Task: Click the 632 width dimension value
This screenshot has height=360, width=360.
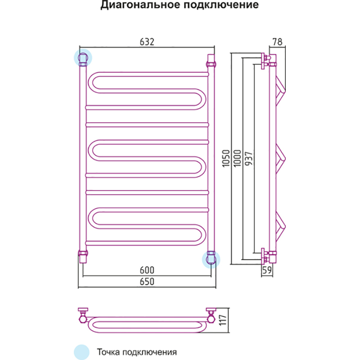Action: coord(147,42)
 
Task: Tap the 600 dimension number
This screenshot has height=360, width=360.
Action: coord(147,270)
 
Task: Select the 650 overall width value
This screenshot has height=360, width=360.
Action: coord(147,282)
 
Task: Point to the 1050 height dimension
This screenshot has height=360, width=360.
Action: coord(226,158)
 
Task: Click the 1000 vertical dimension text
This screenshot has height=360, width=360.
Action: coord(238,158)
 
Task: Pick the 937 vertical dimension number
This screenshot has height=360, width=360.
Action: coord(249,158)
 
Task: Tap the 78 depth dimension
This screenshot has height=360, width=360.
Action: coord(277,42)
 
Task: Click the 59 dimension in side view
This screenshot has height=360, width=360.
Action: coord(267,270)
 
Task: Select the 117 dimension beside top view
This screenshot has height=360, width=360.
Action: coord(223,320)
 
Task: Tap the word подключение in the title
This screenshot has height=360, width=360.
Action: coord(221,5)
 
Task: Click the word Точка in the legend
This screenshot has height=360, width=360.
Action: coord(108,352)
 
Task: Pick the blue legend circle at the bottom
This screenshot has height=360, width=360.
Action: coord(81,352)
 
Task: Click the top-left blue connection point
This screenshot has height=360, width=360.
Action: coord(83,58)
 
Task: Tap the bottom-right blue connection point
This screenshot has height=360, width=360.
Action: coord(211,259)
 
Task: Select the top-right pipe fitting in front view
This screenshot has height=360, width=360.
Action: coord(211,61)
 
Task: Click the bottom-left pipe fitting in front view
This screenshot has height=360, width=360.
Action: coord(83,256)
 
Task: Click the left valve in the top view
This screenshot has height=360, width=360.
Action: coord(83,316)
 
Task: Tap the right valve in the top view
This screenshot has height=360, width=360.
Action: coord(211,316)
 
